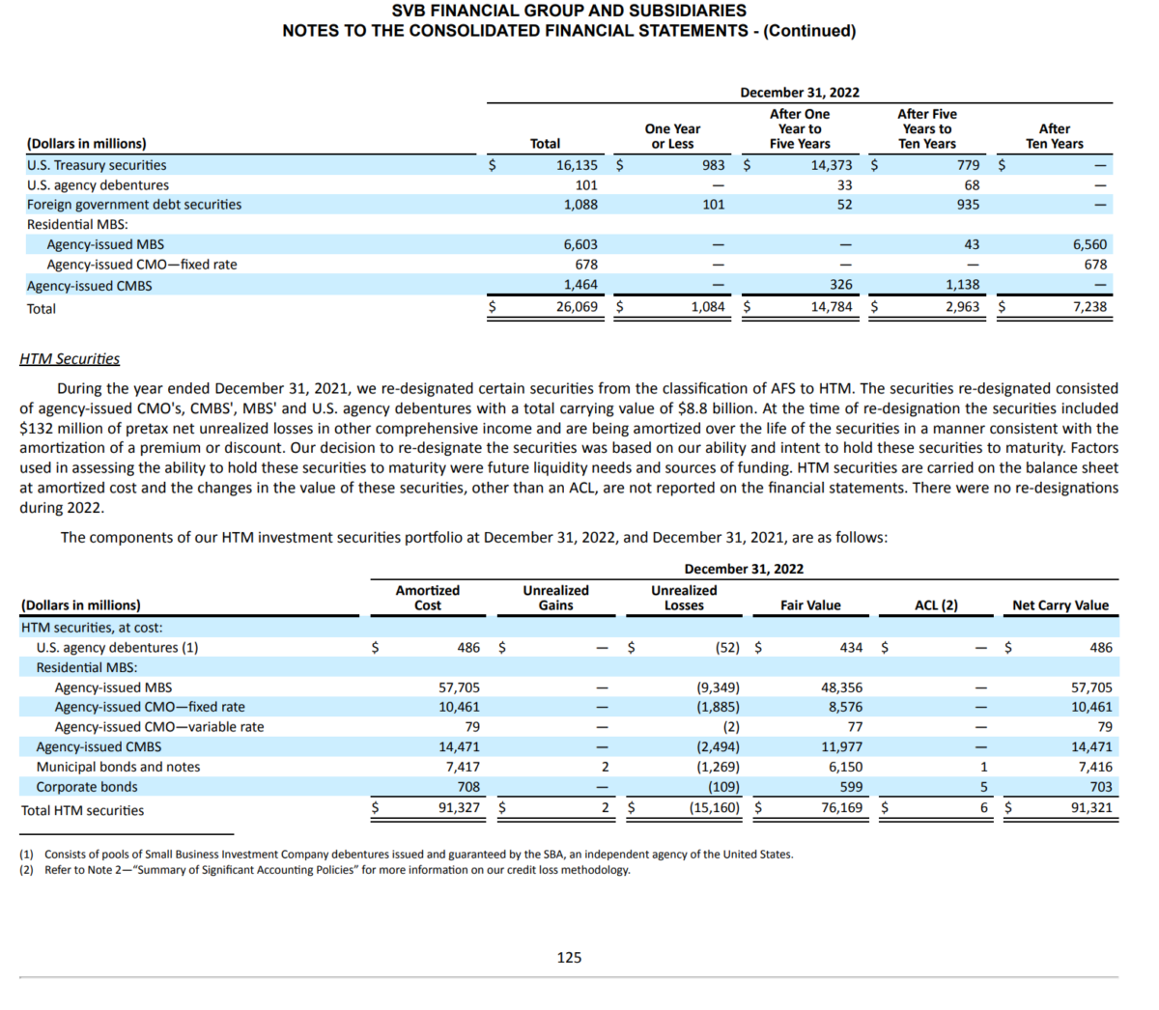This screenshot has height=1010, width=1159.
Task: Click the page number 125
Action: click(x=569, y=957)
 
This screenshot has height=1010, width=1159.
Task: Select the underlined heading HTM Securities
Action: click(x=70, y=359)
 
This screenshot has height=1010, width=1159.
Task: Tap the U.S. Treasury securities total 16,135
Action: click(x=577, y=165)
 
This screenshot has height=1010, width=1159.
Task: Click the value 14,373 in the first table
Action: click(x=832, y=165)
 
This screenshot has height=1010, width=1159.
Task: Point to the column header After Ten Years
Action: click(x=1054, y=136)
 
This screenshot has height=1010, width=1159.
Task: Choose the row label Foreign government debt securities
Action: click(x=134, y=205)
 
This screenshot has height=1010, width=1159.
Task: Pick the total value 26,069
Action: click(x=577, y=307)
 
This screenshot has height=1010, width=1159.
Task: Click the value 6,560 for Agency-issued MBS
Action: click(x=1089, y=245)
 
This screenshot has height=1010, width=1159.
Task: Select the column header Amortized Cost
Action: click(x=427, y=598)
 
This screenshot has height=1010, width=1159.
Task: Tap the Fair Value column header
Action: click(x=810, y=605)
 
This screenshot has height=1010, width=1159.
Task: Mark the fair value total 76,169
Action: click(x=841, y=807)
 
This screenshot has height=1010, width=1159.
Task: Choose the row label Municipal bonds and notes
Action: click(x=118, y=767)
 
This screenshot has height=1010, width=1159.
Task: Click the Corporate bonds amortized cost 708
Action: click(x=468, y=787)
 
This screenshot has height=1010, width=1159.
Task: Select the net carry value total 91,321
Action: click(x=1091, y=807)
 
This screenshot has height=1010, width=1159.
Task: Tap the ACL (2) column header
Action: click(x=936, y=605)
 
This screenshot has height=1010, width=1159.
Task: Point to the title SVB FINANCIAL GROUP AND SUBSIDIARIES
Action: click(x=569, y=11)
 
